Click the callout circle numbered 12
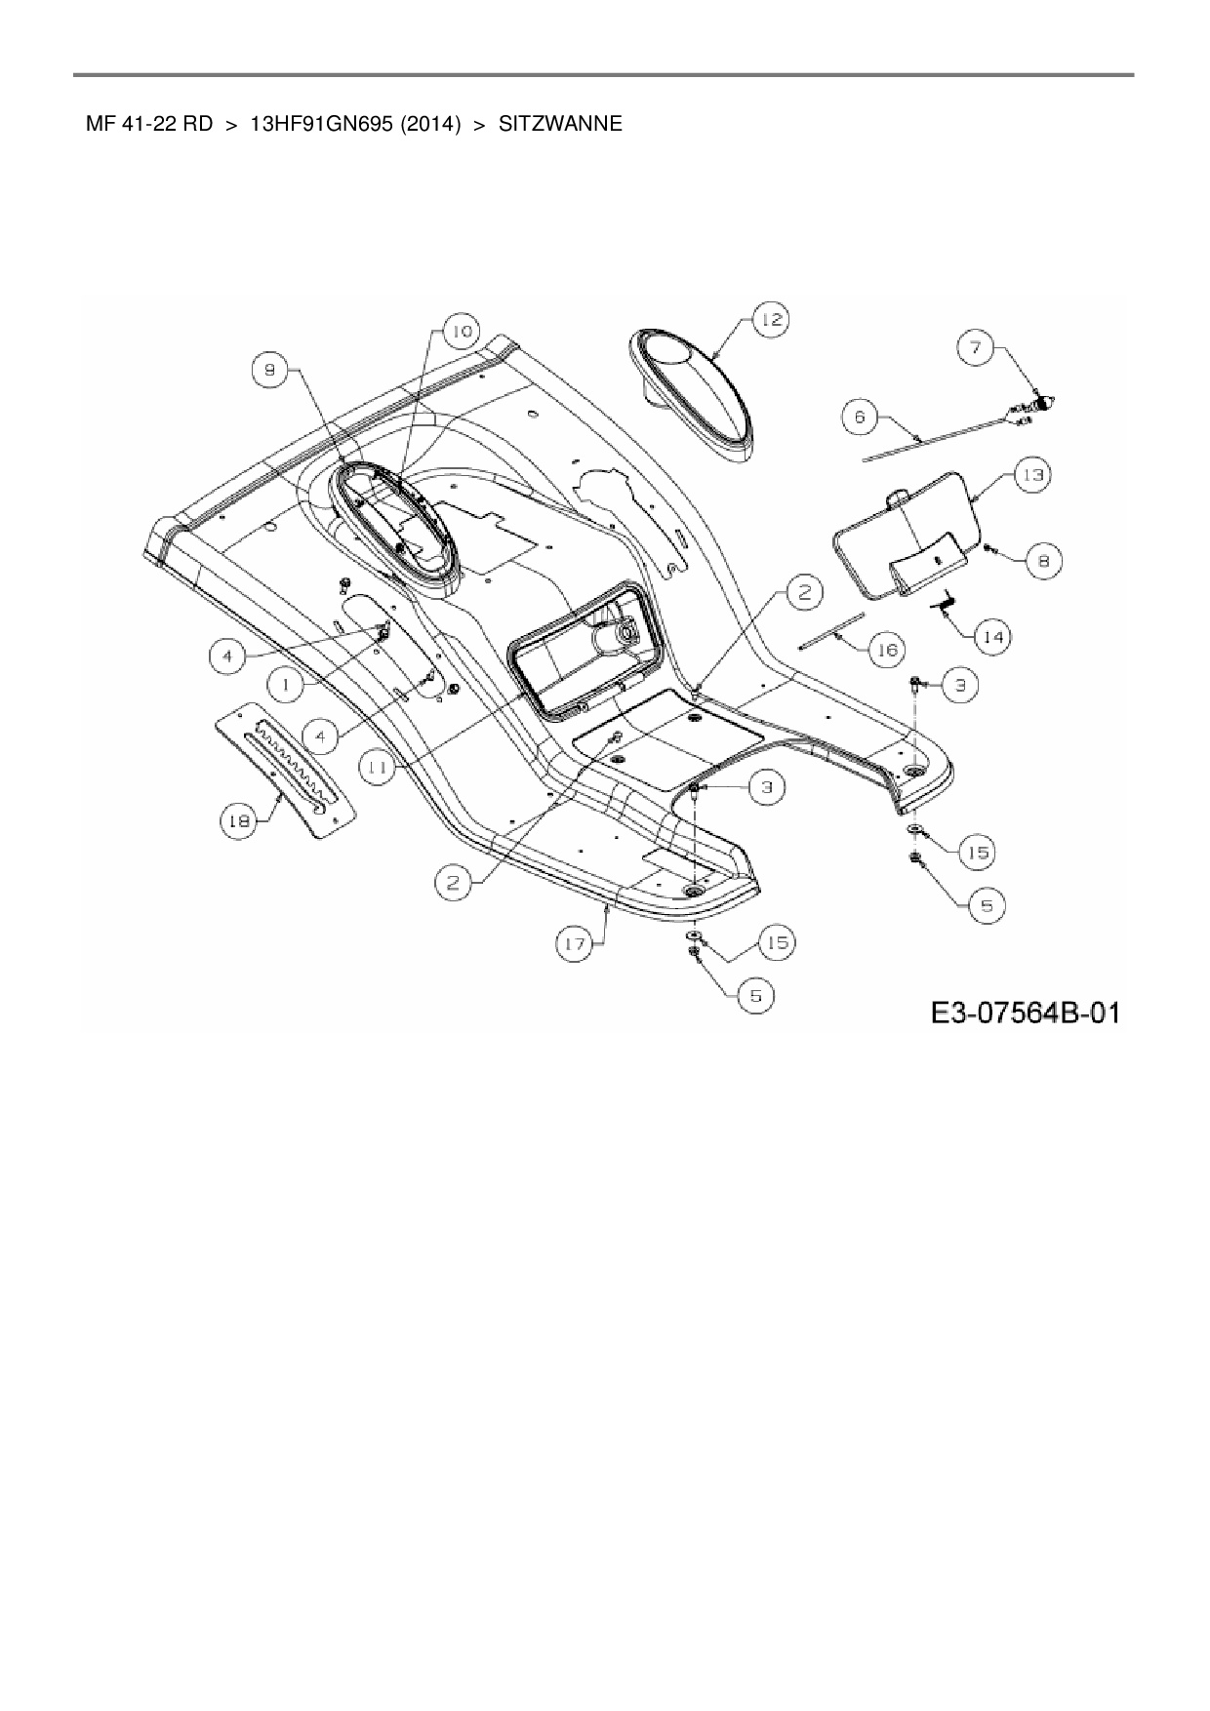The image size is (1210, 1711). pos(771,320)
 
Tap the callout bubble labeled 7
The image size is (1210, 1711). pos(975,346)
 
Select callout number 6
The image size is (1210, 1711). pos(860,418)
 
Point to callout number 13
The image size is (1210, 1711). pos(1031,475)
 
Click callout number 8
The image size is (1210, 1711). pos(1043,561)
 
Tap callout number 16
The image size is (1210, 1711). pos(886,650)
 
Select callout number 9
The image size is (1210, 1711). pos(270,368)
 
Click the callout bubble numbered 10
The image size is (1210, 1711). pos(461,332)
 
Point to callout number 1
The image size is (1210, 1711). pos(286,686)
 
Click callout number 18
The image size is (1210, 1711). pos(237,820)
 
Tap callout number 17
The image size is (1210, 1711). pos(574,943)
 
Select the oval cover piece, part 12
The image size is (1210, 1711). pos(694,390)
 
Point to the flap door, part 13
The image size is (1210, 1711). pos(906,532)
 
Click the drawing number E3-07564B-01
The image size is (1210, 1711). pos(1024,1014)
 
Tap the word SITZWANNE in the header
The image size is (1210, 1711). pos(559,125)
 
